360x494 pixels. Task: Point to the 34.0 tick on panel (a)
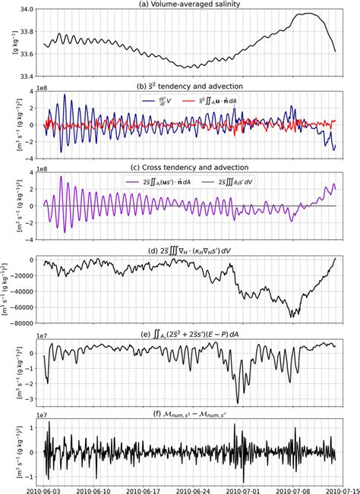pos(24,10)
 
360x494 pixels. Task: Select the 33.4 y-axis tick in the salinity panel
pos(24,76)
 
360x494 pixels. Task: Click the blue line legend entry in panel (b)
pos(159,99)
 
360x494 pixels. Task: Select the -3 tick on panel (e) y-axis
pos(27,397)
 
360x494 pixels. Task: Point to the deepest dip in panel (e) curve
pos(238,403)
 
